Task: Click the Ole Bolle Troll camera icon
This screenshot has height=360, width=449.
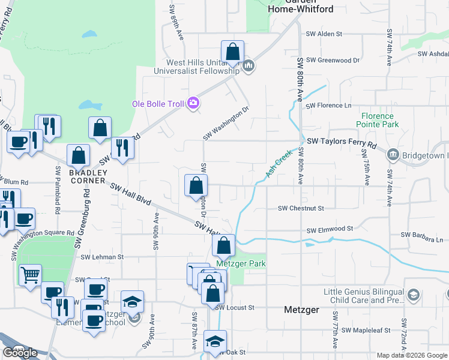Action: click(193, 103)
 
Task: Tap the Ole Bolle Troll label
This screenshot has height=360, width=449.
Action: click(158, 104)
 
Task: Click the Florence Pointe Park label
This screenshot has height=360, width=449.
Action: click(380, 120)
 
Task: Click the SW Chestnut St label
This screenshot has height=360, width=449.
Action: click(301, 208)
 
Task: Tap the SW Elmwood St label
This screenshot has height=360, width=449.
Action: click(330, 229)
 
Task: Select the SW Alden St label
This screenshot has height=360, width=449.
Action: click(324, 34)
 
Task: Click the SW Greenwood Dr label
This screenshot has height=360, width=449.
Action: click(333, 60)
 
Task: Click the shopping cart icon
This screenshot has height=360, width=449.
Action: click(29, 275)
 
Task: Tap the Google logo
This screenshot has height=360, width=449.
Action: click(20, 352)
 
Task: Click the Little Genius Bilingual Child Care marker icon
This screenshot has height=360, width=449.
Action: click(413, 295)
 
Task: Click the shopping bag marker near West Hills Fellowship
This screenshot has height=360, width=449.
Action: click(232, 52)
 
